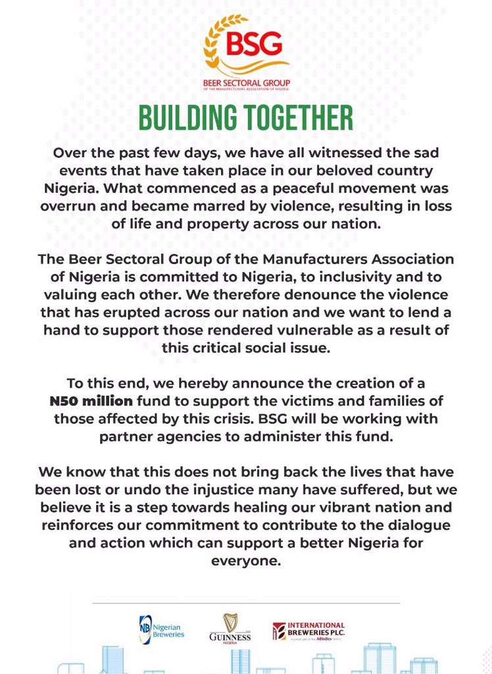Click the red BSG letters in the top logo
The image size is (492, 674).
coord(254,45)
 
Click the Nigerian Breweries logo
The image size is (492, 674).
coord(162,630)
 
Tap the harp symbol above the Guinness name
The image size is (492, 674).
coord(230,622)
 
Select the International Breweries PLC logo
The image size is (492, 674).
coord(309,631)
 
